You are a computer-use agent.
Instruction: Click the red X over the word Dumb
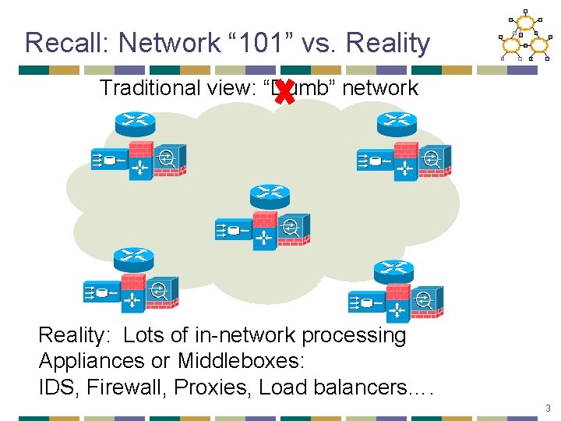coord(285,92)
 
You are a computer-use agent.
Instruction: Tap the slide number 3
coord(549,408)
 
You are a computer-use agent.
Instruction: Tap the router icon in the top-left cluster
coord(134,123)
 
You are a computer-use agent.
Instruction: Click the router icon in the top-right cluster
coord(397,123)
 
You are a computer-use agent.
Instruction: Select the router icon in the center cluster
coord(270,195)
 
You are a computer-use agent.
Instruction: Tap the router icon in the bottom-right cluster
coord(393,270)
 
